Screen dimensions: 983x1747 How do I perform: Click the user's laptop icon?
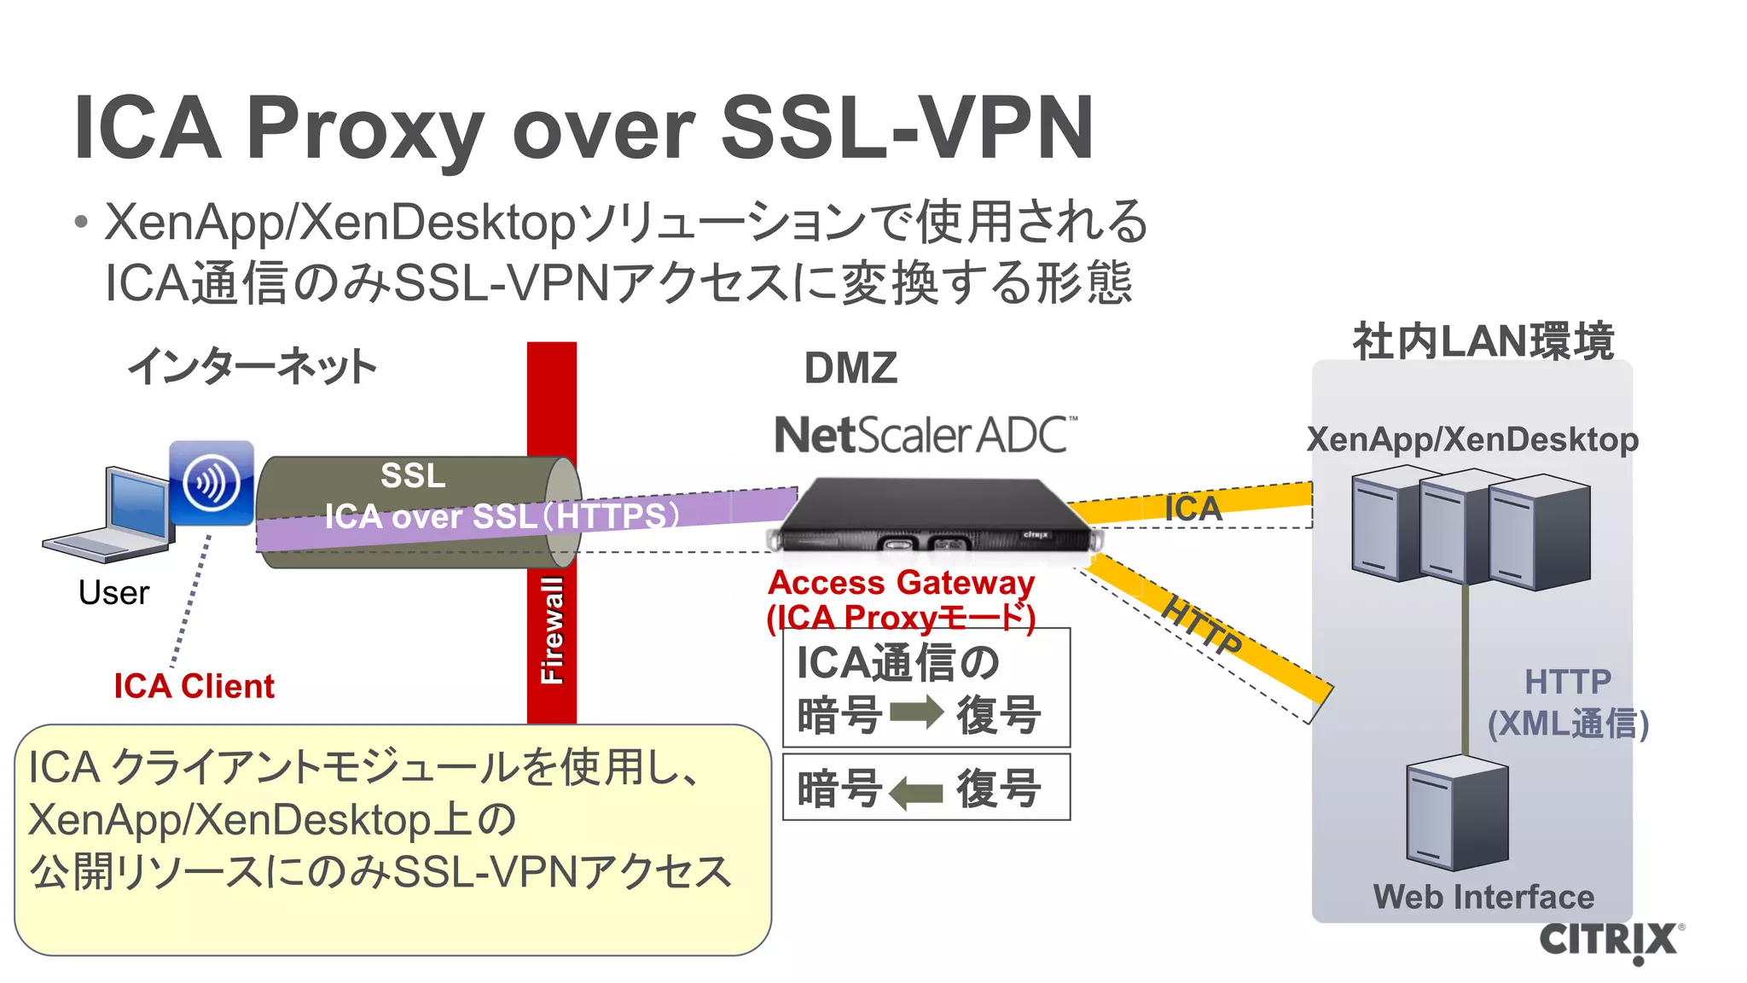point(111,516)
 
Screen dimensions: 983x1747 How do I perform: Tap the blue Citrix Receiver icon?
point(212,482)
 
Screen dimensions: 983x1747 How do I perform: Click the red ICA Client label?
point(194,686)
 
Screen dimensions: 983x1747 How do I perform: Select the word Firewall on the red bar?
point(552,631)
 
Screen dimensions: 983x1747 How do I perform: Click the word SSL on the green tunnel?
point(413,475)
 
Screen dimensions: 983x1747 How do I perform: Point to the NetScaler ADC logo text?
point(925,435)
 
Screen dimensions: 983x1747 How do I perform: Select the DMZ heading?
point(850,369)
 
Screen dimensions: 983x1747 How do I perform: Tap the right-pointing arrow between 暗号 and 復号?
point(917,713)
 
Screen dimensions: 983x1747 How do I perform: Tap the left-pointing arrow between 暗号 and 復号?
point(916,793)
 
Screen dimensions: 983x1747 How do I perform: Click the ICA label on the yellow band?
point(1193,509)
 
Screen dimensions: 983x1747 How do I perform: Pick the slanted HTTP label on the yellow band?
point(1202,626)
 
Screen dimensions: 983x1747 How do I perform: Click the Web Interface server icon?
point(1457,811)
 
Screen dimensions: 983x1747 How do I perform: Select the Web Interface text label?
point(1483,897)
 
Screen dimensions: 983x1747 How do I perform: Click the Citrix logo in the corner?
point(1610,940)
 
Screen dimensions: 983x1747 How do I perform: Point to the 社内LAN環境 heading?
point(1483,341)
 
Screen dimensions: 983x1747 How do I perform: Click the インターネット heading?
point(252,366)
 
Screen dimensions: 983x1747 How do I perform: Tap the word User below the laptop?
point(113,592)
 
